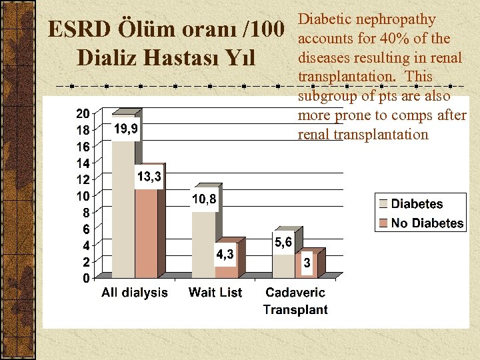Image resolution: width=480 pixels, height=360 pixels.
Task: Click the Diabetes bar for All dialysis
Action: click(x=123, y=207)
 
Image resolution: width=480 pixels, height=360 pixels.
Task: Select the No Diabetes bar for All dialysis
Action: click(x=147, y=233)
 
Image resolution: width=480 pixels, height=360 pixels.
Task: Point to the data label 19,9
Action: click(x=125, y=129)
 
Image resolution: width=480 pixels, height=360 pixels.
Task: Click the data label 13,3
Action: click(x=149, y=177)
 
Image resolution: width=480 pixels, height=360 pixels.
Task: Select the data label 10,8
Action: click(x=205, y=199)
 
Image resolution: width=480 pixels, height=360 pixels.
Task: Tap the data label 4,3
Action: click(x=224, y=254)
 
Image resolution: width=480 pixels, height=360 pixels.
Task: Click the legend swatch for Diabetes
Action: click(x=383, y=204)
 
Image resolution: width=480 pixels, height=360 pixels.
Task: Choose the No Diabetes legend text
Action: click(x=427, y=223)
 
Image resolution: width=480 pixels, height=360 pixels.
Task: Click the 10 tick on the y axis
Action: click(x=81, y=196)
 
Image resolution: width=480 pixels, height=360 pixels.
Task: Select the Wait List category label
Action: click(x=215, y=293)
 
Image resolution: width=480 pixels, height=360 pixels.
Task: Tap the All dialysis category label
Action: click(x=135, y=293)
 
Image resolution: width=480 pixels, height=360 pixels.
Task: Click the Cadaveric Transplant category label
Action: click(x=295, y=301)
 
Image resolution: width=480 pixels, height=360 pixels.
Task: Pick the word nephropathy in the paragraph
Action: click(x=395, y=20)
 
